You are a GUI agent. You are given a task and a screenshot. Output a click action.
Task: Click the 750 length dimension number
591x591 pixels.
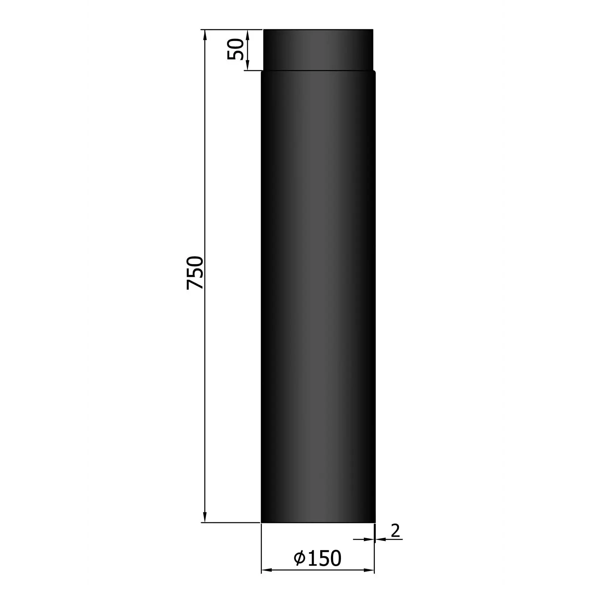click(x=195, y=273)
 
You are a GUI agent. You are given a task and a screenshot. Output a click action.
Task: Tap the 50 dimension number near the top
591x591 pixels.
click(x=236, y=49)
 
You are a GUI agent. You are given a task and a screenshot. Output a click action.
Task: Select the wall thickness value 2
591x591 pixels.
click(x=395, y=531)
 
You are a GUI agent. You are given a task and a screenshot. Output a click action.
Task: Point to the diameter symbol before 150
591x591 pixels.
click(x=300, y=558)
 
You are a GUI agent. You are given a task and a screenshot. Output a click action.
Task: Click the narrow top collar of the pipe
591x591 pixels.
click(x=318, y=49)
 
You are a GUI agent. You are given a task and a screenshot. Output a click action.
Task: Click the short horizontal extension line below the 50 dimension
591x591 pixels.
click(x=253, y=70)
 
